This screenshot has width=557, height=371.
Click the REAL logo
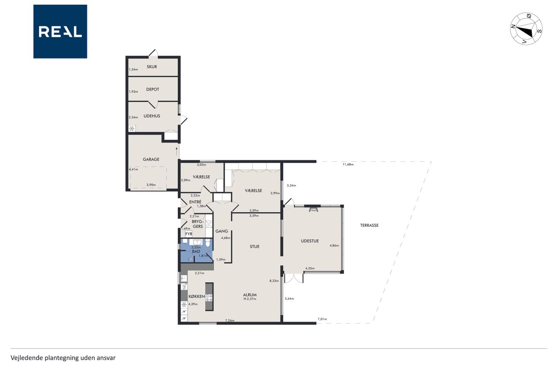60,32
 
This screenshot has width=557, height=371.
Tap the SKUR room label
152,67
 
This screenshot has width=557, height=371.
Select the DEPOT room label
153,89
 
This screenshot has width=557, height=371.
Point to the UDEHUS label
152,116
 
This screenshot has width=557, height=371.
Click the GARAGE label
151,159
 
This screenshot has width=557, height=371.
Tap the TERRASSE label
369,225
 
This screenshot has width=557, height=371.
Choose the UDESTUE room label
310,241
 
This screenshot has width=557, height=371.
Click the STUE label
255,247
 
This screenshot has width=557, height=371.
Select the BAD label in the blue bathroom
196,251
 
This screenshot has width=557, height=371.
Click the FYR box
189,234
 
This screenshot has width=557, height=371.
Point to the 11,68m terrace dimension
348,164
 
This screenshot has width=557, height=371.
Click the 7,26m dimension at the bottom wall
230,320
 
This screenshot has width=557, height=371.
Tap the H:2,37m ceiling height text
250,299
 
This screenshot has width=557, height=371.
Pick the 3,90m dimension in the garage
151,185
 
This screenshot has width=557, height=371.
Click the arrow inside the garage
177,151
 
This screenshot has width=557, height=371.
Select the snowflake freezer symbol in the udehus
132,128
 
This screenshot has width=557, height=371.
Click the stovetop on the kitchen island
209,297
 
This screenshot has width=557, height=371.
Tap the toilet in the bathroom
208,242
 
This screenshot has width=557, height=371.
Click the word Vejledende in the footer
27,358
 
